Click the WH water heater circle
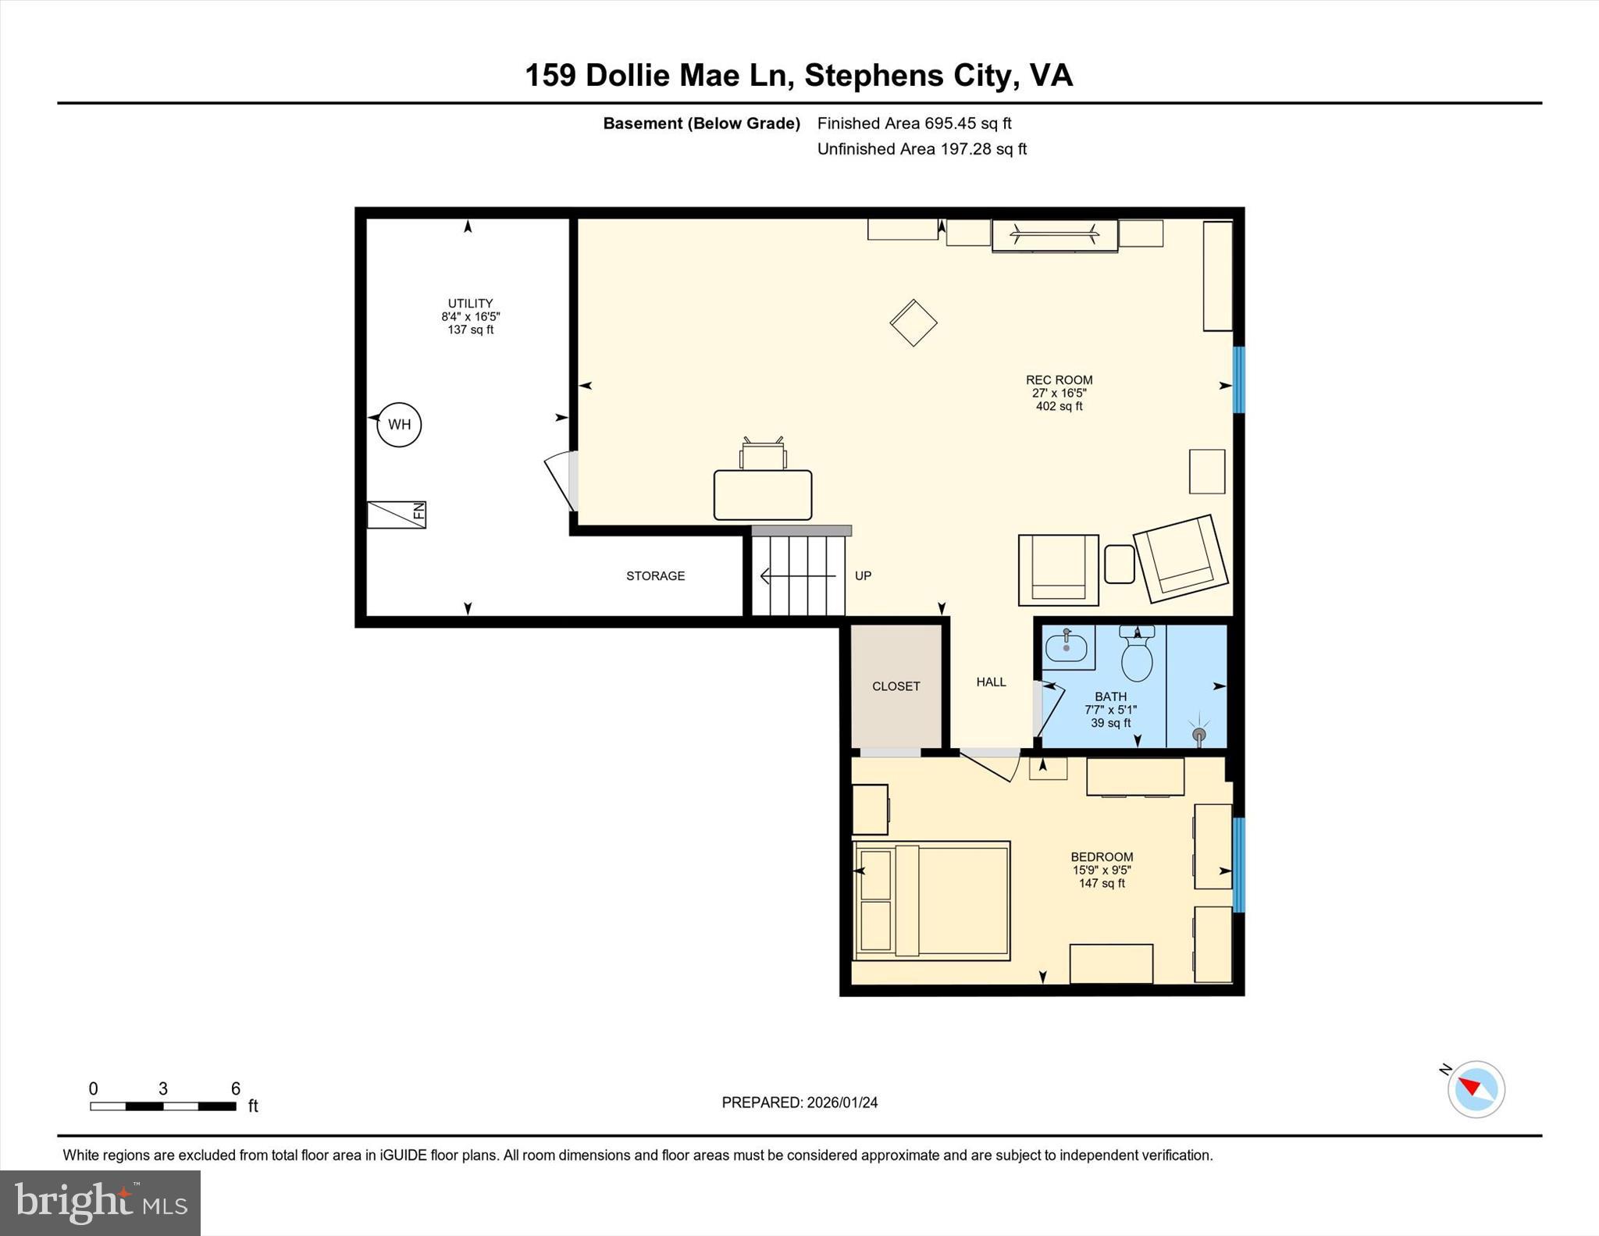399,425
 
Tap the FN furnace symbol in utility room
397,515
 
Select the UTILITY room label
470,304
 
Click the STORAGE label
655,576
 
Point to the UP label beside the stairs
863,576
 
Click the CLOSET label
896,686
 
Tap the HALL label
991,682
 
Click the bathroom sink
1067,647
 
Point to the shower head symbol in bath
1199,735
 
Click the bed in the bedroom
932,900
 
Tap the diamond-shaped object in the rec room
913,322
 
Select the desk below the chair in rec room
763,495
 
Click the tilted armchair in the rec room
1181,558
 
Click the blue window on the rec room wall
1238,379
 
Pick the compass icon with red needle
1476,1089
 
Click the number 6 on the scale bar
236,1088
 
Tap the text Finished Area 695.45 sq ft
913,123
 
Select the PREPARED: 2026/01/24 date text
799,1102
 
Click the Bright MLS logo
100,1202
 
